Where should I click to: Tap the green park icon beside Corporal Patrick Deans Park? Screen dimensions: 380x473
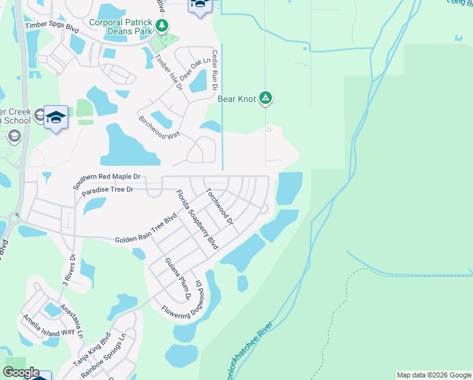click(163, 25)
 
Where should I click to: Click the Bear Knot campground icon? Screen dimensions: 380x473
click(266, 98)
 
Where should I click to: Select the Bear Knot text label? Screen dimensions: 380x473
click(237, 99)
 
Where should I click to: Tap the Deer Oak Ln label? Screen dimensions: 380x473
click(195, 69)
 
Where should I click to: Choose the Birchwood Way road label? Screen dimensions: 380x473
click(159, 127)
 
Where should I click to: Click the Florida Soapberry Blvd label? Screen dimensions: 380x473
click(197, 218)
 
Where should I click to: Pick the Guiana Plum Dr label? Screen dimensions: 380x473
click(178, 278)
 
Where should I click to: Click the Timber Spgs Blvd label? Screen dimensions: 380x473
click(51, 28)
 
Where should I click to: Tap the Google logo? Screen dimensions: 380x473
click(21, 372)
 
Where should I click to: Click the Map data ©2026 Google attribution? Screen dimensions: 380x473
click(433, 375)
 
